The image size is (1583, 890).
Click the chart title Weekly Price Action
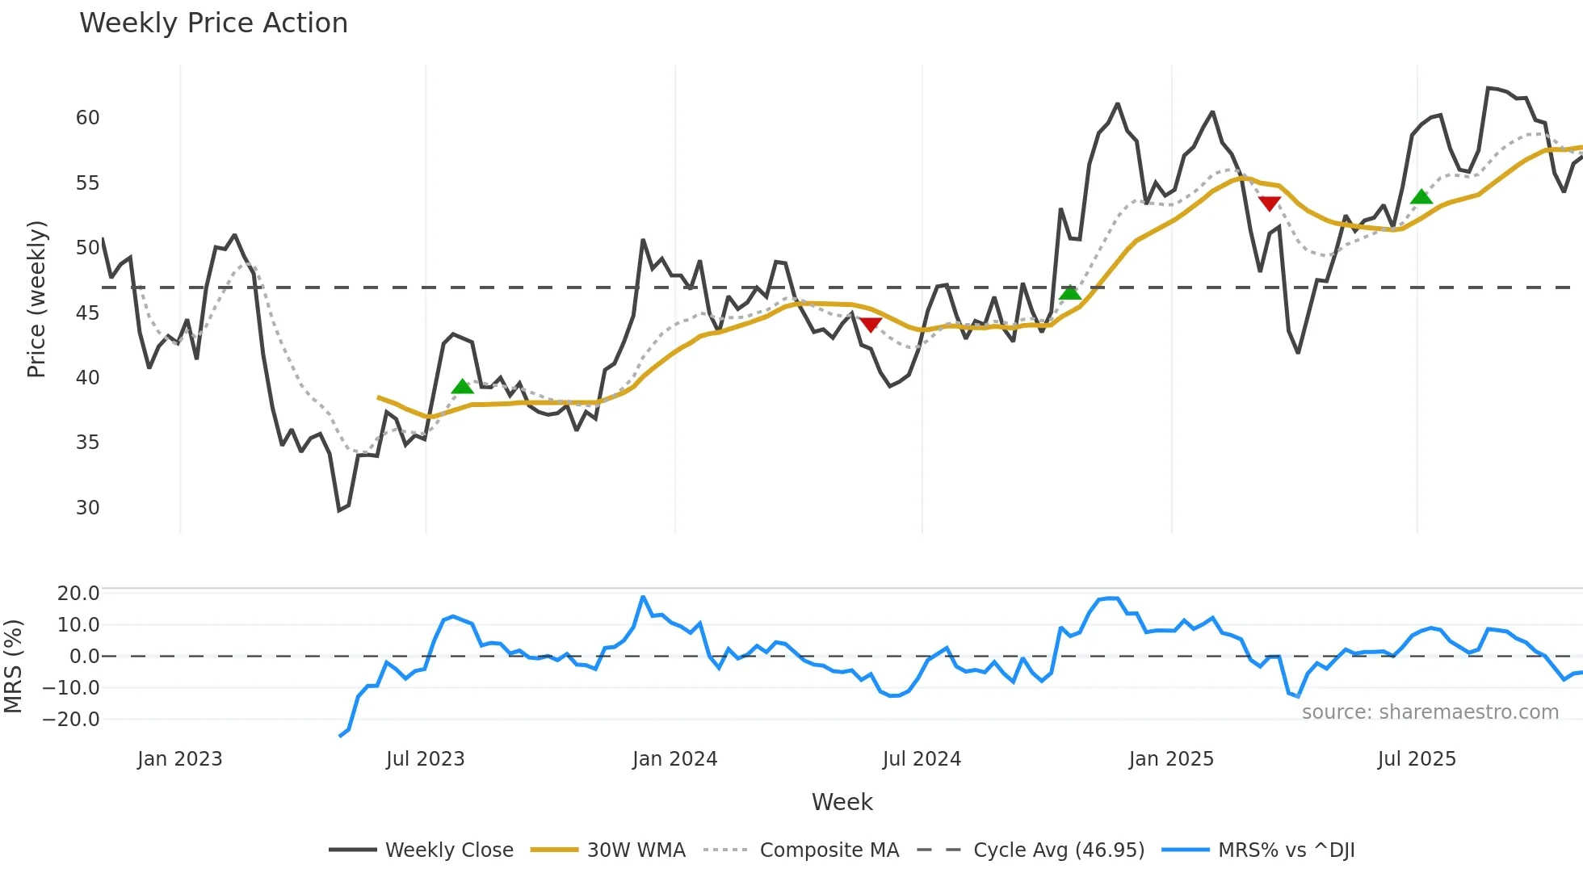(x=213, y=23)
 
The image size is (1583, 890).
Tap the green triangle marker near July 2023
(x=462, y=387)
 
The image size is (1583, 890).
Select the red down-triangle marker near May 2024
(x=871, y=325)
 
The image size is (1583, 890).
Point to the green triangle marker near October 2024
(x=1070, y=292)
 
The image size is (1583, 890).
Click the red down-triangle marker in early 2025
(x=1270, y=204)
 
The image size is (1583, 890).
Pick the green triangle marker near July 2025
(x=1421, y=197)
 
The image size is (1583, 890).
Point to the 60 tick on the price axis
(x=87, y=118)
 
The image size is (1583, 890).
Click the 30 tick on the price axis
(x=87, y=508)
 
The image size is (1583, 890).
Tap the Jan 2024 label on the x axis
(x=674, y=759)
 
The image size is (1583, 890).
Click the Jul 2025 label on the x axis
(x=1417, y=759)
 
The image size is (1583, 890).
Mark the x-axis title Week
(x=842, y=802)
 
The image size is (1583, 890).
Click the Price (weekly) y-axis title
(x=36, y=299)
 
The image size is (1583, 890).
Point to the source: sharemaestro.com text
(x=1430, y=712)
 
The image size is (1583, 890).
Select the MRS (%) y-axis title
(x=13, y=666)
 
